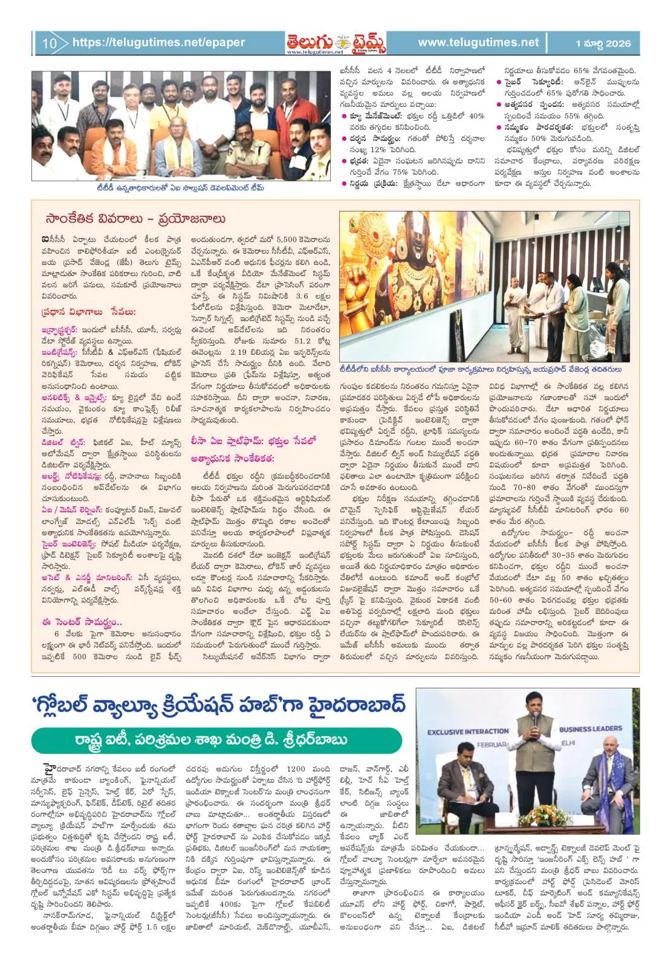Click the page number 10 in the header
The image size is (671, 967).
coord(49,43)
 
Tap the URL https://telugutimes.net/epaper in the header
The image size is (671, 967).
coord(158,42)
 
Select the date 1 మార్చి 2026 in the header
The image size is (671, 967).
coord(603,43)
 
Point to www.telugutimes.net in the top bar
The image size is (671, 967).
coord(478,42)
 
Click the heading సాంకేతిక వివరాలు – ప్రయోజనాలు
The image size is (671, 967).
coord(135,219)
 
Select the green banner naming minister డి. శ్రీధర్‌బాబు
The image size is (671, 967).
coord(216,740)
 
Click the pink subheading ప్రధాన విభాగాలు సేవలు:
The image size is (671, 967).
coord(88,312)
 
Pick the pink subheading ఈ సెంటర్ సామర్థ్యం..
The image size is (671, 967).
coord(82,622)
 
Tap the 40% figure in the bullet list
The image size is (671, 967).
coord(476,116)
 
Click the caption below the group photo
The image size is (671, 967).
coord(180,188)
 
